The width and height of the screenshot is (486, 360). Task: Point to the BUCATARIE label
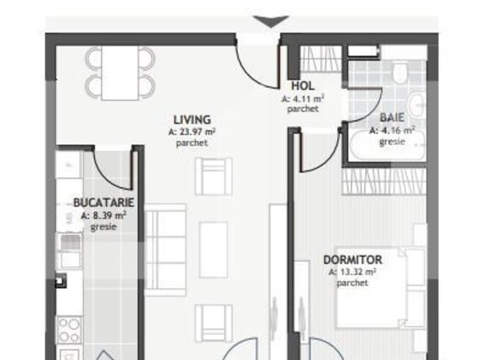pos(104,203)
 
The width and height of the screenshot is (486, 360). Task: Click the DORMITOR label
pos(353,260)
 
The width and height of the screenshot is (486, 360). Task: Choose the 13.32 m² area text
pos(353,272)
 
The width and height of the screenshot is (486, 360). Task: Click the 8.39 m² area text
pos(104,215)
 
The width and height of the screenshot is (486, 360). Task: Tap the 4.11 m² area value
pos(302,97)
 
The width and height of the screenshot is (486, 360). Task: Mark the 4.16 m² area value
pos(393,130)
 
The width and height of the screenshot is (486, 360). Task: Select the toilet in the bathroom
pos(401,80)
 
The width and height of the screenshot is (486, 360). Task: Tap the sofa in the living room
pos(165,243)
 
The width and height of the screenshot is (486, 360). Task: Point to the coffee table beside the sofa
pos(213,244)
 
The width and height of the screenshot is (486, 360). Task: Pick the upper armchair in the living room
pos(212,175)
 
